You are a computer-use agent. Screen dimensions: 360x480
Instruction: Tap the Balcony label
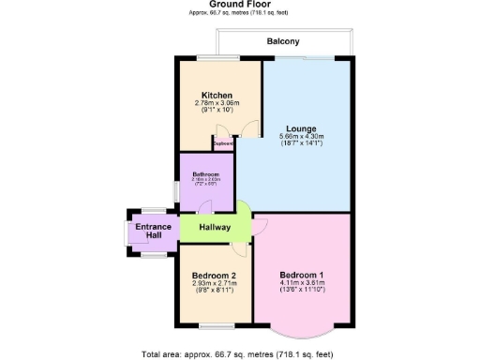click(283, 42)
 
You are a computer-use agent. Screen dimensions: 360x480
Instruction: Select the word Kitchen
click(217, 95)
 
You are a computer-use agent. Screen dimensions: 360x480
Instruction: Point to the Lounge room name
click(301, 128)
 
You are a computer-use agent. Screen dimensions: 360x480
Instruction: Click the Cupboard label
click(224, 143)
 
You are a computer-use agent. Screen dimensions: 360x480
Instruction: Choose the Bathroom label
click(206, 174)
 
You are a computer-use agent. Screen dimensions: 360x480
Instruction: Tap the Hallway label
click(215, 228)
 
